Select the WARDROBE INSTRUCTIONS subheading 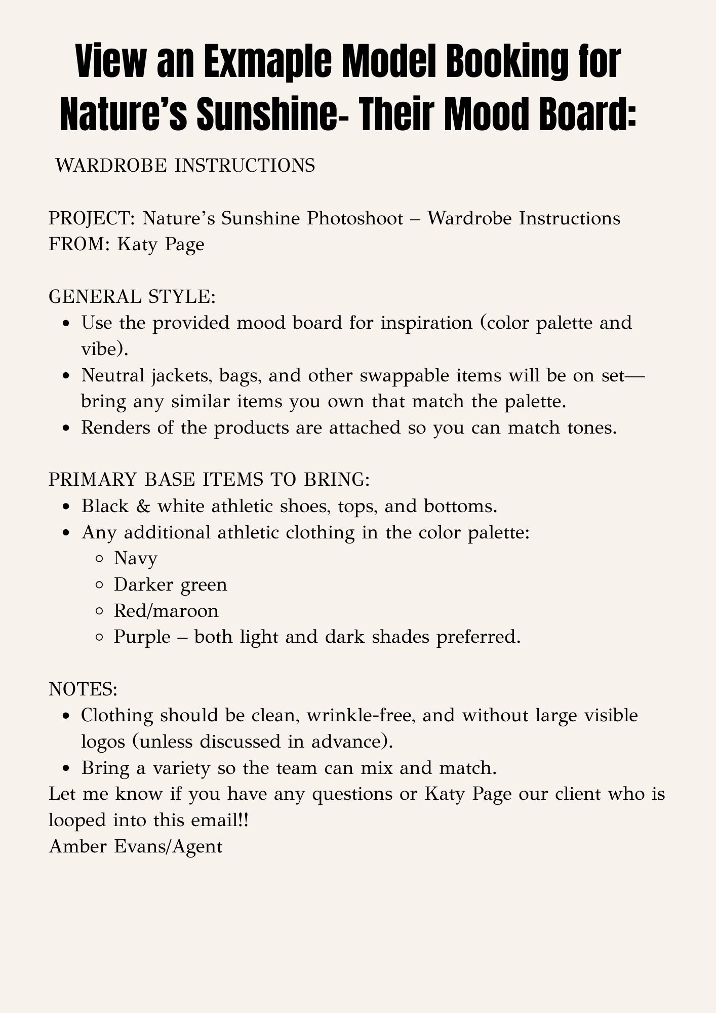click(x=185, y=165)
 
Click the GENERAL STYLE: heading click(x=132, y=297)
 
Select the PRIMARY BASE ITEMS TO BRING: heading click(x=209, y=480)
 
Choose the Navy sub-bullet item click(x=136, y=558)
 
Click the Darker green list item click(x=171, y=585)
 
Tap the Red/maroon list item click(x=166, y=611)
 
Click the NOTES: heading click(x=83, y=689)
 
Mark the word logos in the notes click(x=106, y=742)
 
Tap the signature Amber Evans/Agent click(x=136, y=846)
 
